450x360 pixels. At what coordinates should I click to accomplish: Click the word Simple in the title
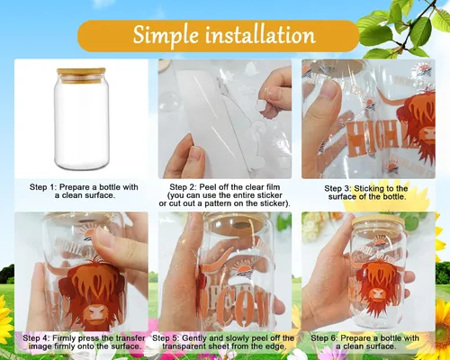pyautogui.click(x=166, y=35)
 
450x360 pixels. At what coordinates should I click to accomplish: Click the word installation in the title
pyautogui.click(x=260, y=34)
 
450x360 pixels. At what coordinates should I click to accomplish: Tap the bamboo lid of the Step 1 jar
pyautogui.click(x=81, y=75)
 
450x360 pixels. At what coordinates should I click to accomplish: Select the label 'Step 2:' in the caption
pyautogui.click(x=183, y=187)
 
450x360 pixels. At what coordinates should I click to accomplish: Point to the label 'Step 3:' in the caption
pyautogui.click(x=337, y=189)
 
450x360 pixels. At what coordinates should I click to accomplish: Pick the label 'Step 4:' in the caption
pyautogui.click(x=36, y=338)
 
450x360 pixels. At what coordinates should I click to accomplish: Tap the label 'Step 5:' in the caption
pyautogui.click(x=166, y=338)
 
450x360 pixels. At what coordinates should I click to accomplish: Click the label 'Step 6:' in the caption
pyautogui.click(x=324, y=338)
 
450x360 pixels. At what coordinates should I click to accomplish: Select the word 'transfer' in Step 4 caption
pyautogui.click(x=131, y=338)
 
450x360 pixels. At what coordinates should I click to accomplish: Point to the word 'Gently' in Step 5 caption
pyautogui.click(x=193, y=338)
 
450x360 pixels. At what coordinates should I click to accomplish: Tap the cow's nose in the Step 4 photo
pyautogui.click(x=95, y=314)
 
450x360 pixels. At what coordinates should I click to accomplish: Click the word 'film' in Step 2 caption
pyautogui.click(x=273, y=187)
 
